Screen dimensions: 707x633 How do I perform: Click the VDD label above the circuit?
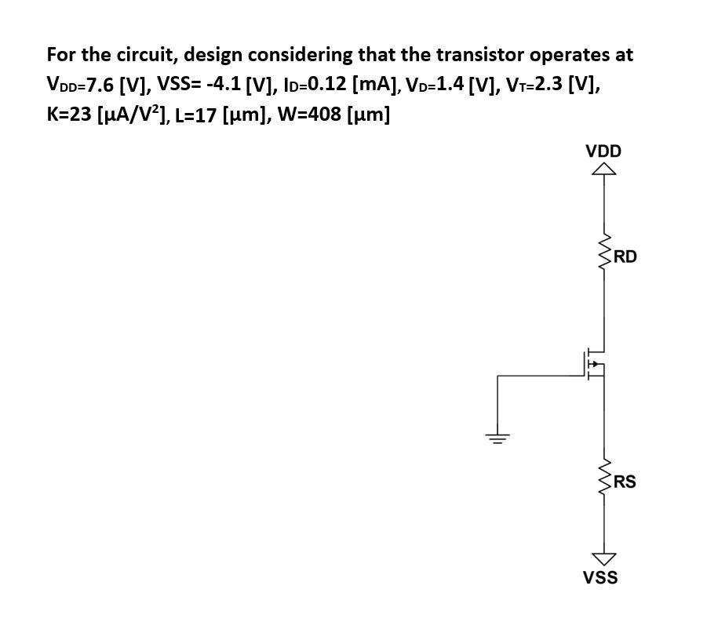tap(603, 151)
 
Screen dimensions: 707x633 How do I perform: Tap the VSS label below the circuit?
tap(600, 578)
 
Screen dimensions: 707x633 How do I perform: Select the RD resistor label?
tap(625, 256)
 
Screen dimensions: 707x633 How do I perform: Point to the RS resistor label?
tap(625, 482)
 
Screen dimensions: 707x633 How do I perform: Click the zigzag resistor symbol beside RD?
tap(604, 256)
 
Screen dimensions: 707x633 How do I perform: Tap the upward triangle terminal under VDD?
tap(603, 169)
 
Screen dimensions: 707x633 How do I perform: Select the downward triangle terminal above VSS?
tap(603, 558)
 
